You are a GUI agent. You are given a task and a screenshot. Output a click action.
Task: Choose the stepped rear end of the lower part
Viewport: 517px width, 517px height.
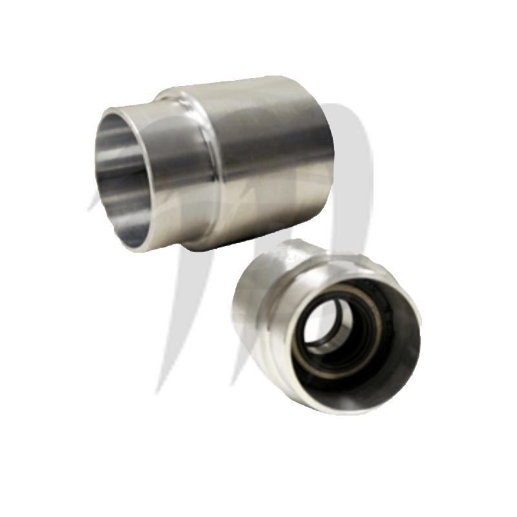(291, 249)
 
